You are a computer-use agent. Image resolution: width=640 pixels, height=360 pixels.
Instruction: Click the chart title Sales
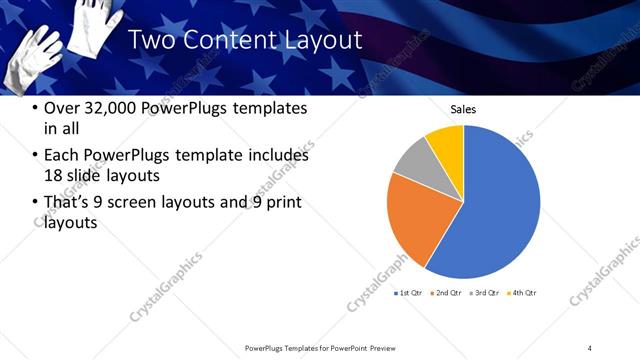tap(463, 109)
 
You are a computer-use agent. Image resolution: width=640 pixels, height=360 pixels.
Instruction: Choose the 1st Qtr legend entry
tap(407, 293)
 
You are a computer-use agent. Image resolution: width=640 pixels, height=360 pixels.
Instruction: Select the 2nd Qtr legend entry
tap(447, 293)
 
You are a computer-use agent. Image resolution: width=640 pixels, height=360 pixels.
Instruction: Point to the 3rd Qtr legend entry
tap(486, 293)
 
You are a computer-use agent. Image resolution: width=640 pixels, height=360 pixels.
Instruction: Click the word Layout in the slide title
tap(323, 41)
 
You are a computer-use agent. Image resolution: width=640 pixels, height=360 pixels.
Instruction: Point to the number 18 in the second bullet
tap(54, 175)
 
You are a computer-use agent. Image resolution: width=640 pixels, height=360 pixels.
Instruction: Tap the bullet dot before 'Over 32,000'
tap(36, 108)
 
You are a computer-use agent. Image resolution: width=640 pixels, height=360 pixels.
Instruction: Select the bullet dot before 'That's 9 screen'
tap(36, 203)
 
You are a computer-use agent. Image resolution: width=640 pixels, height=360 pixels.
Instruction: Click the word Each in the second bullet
tap(62, 155)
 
